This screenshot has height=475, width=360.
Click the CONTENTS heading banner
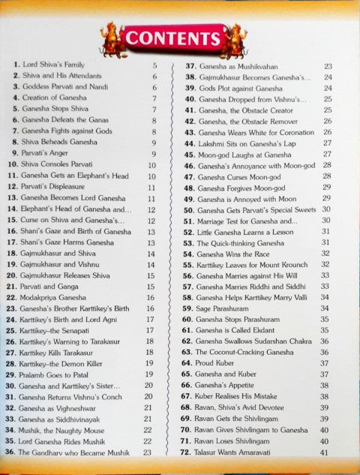pyautogui.click(x=172, y=38)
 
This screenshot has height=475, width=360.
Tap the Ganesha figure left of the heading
pyautogui.click(x=112, y=38)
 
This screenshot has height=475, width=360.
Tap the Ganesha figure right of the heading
pyautogui.click(x=235, y=38)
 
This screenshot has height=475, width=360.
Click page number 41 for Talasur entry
pyautogui.click(x=324, y=452)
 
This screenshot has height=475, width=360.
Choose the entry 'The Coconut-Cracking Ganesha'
pyautogui.click(x=248, y=352)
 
